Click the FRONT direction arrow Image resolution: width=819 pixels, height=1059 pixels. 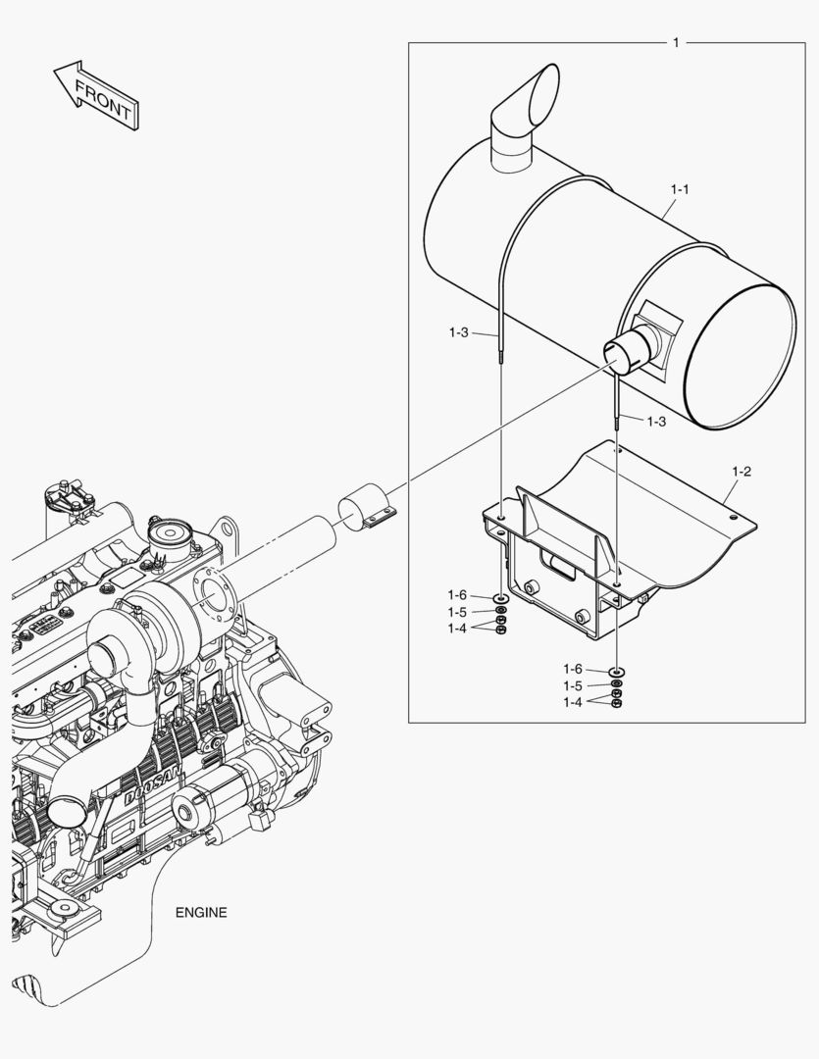pos(95,95)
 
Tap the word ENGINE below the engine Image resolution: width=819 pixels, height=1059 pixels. pos(201,912)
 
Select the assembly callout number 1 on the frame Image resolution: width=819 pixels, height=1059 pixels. pos(676,42)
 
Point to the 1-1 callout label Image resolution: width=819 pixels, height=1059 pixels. pos(680,188)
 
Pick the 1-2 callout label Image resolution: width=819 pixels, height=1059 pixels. pos(742,472)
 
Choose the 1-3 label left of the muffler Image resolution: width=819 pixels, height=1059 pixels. pos(459,333)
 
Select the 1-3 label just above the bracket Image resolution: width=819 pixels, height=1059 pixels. pos(656,421)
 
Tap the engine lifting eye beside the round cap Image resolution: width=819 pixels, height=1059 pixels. pos(231,530)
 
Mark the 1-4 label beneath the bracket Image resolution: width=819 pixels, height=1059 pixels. pos(574,702)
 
